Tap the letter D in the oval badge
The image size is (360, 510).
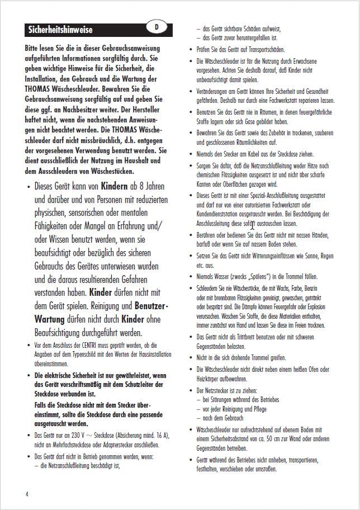click(157, 26)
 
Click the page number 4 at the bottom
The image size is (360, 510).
click(27, 494)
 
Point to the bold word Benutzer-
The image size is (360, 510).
click(152, 306)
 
